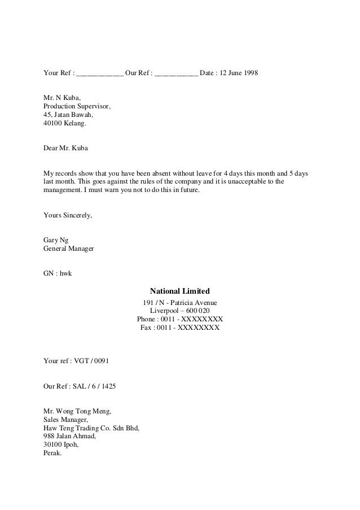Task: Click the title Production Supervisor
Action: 77,106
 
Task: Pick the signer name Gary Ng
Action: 55,240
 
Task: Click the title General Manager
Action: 69,249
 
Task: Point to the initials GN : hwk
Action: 58,274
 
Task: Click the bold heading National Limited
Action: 179,291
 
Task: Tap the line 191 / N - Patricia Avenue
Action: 179,303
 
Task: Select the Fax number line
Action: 179,328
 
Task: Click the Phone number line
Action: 179,319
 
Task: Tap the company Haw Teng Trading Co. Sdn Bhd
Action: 91,428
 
